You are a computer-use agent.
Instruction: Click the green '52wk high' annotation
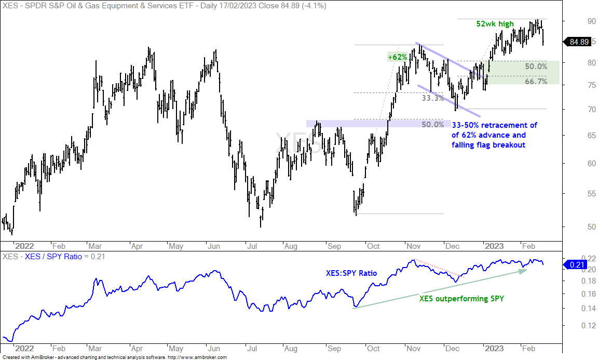click(495, 24)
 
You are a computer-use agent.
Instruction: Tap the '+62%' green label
click(398, 57)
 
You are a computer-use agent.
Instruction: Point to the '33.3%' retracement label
click(432, 98)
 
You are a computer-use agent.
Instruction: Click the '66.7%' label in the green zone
click(536, 82)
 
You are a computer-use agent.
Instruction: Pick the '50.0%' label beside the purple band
click(432, 125)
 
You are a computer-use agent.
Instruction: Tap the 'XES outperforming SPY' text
click(461, 299)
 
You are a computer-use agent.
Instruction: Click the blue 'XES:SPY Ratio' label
click(351, 273)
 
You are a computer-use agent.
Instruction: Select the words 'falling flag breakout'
click(488, 145)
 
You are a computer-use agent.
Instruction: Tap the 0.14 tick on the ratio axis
click(589, 309)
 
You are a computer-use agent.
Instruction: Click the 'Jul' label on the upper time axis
click(252, 246)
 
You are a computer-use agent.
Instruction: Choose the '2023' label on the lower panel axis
click(494, 349)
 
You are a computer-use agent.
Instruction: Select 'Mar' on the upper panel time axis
click(95, 246)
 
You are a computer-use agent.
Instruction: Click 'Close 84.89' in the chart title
click(278, 6)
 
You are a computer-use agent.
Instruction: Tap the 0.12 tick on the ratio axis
click(589, 326)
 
